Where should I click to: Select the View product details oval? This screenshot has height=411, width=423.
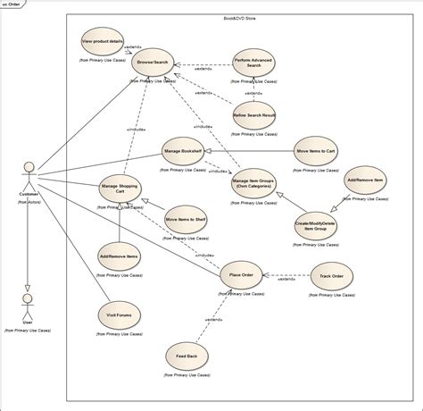(x=102, y=42)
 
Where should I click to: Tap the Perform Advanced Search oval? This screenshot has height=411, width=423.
(x=253, y=64)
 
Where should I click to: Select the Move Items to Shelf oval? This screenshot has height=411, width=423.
(x=186, y=221)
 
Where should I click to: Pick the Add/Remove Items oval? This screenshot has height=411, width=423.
(x=119, y=256)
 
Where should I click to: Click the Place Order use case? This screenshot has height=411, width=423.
(x=241, y=275)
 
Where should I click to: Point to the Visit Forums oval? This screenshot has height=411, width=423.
(x=119, y=315)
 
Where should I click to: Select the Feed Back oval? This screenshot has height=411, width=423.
(x=187, y=356)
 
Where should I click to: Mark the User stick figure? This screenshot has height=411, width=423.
(x=28, y=305)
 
